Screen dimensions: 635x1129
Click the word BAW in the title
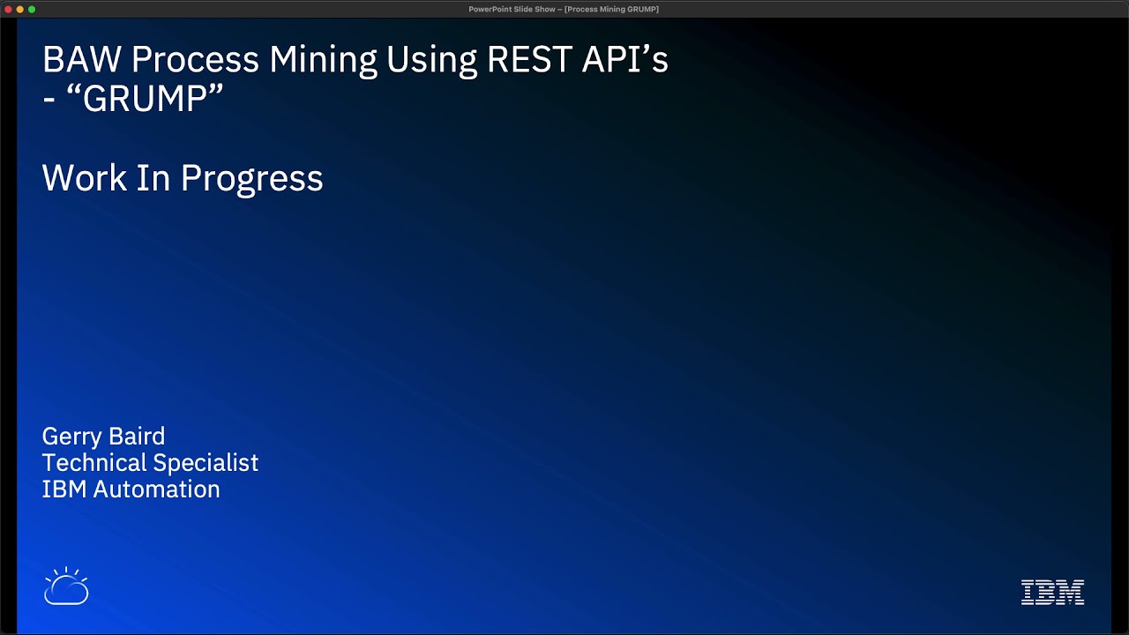click(x=81, y=60)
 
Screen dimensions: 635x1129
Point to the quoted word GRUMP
click(x=145, y=98)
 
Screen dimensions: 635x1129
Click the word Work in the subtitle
click(x=84, y=178)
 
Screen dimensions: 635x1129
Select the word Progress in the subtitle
click(x=251, y=179)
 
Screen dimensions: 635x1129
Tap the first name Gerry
click(x=71, y=437)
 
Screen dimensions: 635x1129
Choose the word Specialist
click(x=206, y=464)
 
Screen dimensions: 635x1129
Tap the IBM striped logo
click(x=1052, y=592)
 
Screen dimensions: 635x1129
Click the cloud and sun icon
click(x=66, y=586)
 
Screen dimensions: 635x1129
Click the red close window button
click(x=9, y=9)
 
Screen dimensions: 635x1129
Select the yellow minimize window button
click(x=20, y=9)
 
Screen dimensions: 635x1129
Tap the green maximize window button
click(x=32, y=9)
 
